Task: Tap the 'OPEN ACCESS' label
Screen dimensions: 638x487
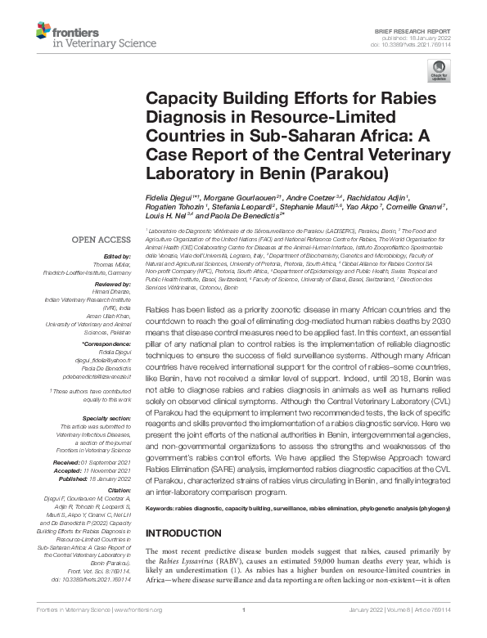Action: pyautogui.click(x=97, y=240)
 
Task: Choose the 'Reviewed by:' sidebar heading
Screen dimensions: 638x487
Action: pyautogui.click(x=114, y=285)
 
